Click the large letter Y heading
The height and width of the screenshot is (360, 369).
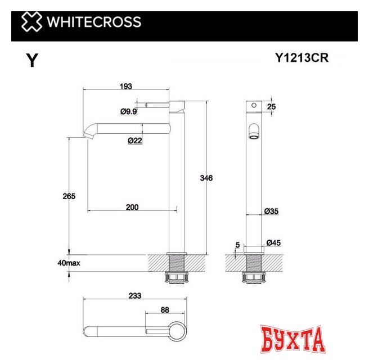[x=32, y=61]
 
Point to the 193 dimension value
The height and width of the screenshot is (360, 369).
[x=125, y=86]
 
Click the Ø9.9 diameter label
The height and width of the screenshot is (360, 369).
[x=129, y=111]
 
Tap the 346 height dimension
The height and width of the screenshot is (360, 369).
[x=206, y=178]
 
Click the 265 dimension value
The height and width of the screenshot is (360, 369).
[x=69, y=196]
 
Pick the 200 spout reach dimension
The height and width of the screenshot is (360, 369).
[x=132, y=207]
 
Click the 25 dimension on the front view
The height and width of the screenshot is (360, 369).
[x=272, y=106]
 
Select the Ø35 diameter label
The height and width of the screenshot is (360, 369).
[x=272, y=211]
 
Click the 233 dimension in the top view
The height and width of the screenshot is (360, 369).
[x=134, y=295]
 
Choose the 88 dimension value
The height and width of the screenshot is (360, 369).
[x=164, y=309]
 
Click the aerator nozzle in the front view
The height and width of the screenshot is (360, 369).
[x=255, y=133]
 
